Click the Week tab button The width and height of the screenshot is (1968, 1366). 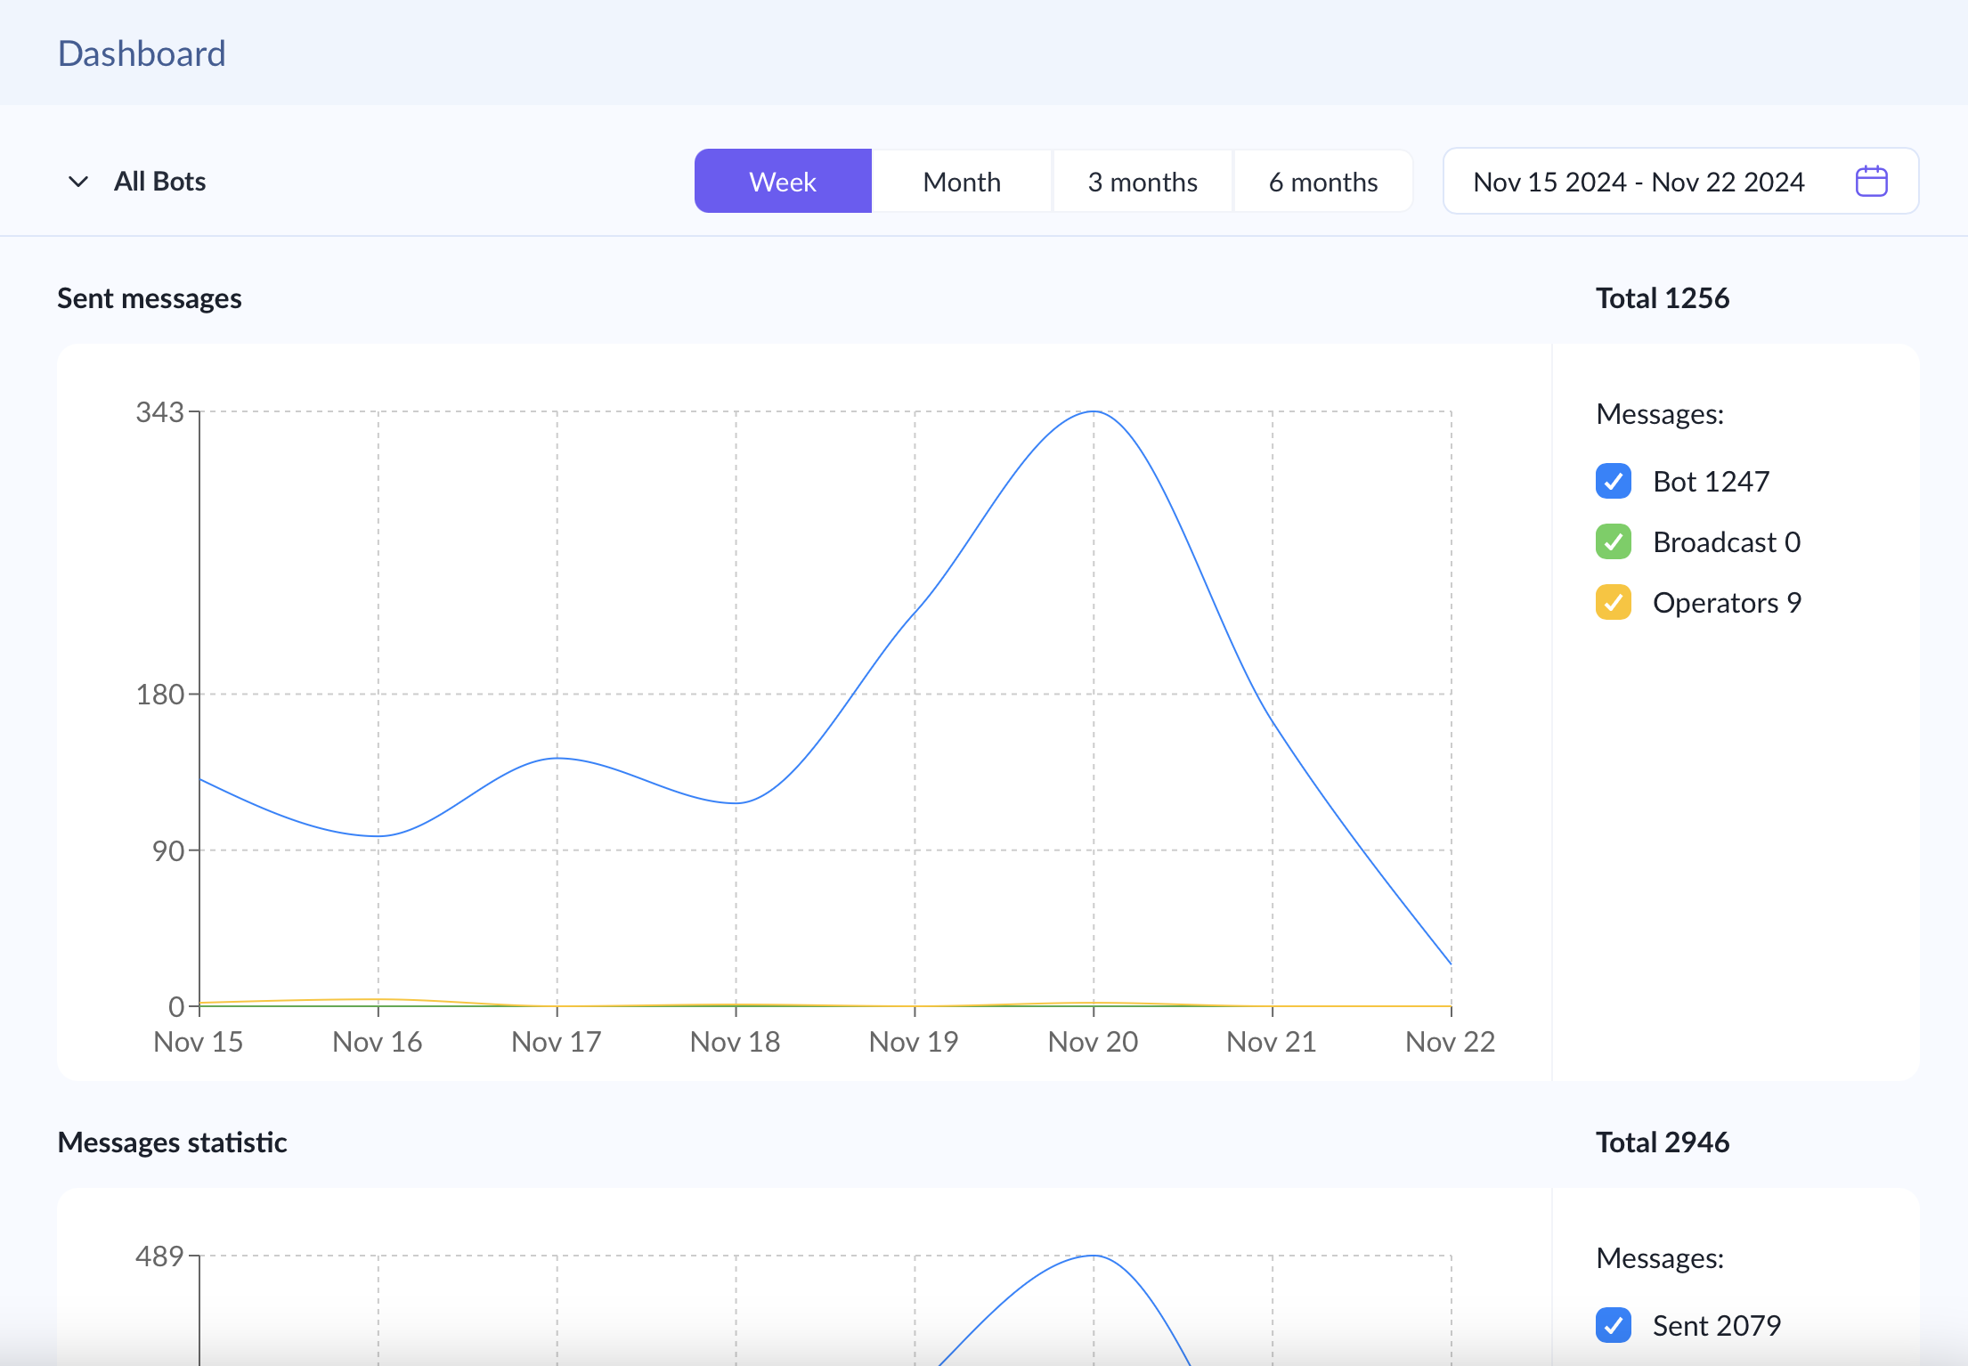[783, 182]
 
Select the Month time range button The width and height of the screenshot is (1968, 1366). [962, 182]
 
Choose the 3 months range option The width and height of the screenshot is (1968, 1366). [1143, 182]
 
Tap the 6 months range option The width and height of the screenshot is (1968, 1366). [1323, 182]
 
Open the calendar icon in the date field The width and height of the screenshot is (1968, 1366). [1871, 182]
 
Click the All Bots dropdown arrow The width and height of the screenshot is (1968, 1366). [78, 182]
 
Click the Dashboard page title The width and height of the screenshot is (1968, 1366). [142, 53]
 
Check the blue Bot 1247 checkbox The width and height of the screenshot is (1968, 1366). [1614, 481]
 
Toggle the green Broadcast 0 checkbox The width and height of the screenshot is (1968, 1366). [1614, 541]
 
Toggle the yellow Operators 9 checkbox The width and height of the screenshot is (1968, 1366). [1614, 602]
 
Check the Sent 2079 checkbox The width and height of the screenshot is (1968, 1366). [1614, 1325]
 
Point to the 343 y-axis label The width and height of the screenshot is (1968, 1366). [159, 412]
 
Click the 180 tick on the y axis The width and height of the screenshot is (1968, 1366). [159, 695]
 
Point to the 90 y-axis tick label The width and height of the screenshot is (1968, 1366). [167, 851]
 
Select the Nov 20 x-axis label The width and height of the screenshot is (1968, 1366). [1093, 1042]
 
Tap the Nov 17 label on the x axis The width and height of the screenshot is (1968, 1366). [557, 1042]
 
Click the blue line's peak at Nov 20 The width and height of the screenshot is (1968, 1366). [1094, 411]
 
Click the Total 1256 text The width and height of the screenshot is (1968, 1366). [1662, 298]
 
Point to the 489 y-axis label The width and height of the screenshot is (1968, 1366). [159, 1256]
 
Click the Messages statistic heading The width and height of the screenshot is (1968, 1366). [172, 1142]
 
